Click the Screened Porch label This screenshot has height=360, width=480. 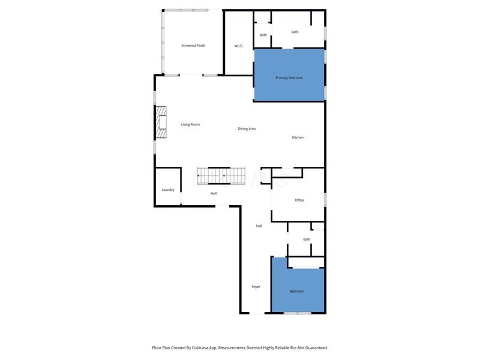pyautogui.click(x=193, y=46)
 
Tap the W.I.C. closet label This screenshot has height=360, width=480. pyautogui.click(x=238, y=46)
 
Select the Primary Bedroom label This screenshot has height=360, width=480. pyautogui.click(x=289, y=78)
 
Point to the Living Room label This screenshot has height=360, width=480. pyautogui.click(x=190, y=124)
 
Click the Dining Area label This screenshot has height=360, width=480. pyautogui.click(x=247, y=128)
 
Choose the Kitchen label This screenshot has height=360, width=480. pyautogui.click(x=298, y=137)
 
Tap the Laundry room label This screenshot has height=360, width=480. pyautogui.click(x=168, y=190)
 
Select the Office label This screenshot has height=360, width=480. pyautogui.click(x=299, y=200)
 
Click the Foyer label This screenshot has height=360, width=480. pyautogui.click(x=256, y=287)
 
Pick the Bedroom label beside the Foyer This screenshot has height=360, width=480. pyautogui.click(x=297, y=291)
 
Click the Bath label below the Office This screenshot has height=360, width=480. pyautogui.click(x=307, y=239)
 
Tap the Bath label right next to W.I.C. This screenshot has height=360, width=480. pyautogui.click(x=263, y=35)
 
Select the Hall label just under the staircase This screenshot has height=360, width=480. pyautogui.click(x=214, y=193)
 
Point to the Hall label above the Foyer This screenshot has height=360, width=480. pyautogui.click(x=259, y=226)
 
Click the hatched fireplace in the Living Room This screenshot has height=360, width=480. pyautogui.click(x=161, y=123)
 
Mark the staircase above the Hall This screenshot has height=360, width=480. pyautogui.click(x=221, y=175)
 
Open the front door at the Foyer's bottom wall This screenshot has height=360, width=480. pyautogui.click(x=256, y=313)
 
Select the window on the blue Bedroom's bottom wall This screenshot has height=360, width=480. pyautogui.click(x=297, y=313)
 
